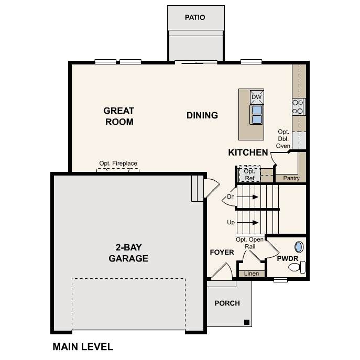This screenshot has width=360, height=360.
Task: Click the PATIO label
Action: point(195,17)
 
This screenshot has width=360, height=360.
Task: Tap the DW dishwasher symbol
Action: point(257,97)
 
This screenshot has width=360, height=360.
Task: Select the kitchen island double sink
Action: point(257,115)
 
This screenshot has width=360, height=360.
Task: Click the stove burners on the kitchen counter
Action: point(298,107)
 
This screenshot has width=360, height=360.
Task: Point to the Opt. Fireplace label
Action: point(118,163)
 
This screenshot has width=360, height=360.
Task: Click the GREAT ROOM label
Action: point(119,116)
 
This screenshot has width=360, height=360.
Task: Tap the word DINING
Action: point(202,115)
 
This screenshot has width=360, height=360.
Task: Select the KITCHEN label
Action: point(248,152)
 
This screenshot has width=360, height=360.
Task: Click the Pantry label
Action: point(291,178)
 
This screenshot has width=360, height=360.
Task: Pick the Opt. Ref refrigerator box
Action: point(249,174)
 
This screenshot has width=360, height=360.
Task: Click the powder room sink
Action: point(299,247)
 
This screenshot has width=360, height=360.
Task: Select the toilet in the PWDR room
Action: point(297,267)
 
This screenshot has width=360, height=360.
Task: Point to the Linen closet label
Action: point(252,274)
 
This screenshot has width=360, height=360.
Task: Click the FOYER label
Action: point(222,253)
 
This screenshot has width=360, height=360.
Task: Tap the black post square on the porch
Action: point(247,322)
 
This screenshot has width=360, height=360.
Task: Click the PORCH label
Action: point(227,303)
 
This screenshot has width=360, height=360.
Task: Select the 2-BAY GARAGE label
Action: point(128,253)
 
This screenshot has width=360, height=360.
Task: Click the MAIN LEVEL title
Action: point(83,347)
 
